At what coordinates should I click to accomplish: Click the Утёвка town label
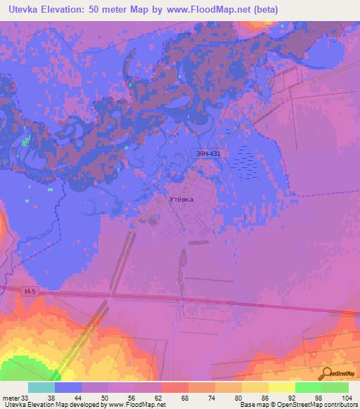pyautogui.click(x=181, y=199)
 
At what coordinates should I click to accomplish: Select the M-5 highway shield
pyautogui.click(x=28, y=292)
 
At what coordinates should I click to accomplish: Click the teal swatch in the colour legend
pyautogui.click(x=41, y=387)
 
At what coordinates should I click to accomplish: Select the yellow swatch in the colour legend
pyautogui.click(x=282, y=387)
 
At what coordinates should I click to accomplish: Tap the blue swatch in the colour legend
pyautogui.click(x=68, y=387)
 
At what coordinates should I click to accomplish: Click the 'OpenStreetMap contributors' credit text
pyautogui.click(x=314, y=405)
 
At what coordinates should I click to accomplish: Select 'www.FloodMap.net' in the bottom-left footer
pyautogui.click(x=138, y=405)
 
